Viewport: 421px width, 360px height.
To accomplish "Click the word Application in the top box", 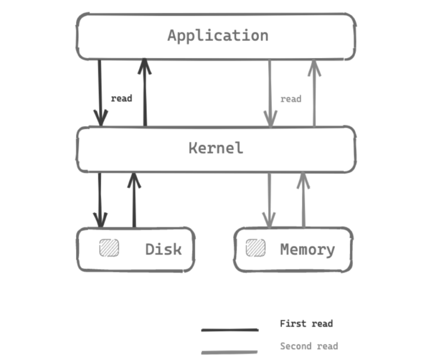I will (x=218, y=36).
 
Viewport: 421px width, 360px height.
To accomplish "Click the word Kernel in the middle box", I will (x=215, y=148).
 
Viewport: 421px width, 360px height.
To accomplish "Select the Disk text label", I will (x=163, y=249).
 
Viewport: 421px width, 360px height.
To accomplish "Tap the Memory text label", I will (x=307, y=249).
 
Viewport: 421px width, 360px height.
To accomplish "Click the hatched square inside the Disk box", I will (x=109, y=248).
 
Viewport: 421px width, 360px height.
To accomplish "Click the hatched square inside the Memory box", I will (x=255, y=248).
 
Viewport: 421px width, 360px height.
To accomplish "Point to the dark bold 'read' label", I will (x=121, y=99).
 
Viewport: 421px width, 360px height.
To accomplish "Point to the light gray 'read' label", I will (x=291, y=99).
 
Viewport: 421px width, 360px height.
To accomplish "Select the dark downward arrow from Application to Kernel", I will (x=100, y=93).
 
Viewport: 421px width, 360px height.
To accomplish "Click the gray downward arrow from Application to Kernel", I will (x=270, y=93).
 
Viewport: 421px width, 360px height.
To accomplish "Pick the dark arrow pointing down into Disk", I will (x=100, y=200).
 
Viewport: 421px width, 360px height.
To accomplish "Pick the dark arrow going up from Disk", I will (x=134, y=199).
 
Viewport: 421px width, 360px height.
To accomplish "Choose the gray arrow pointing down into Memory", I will (x=269, y=200).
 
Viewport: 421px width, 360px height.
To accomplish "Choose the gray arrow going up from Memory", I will (x=303, y=199).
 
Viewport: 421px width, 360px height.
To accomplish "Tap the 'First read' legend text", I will (x=306, y=323).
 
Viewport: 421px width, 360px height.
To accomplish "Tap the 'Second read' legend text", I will (x=309, y=346).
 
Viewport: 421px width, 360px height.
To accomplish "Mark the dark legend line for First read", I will (x=229, y=330).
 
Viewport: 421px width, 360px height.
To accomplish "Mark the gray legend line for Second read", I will (x=229, y=352).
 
